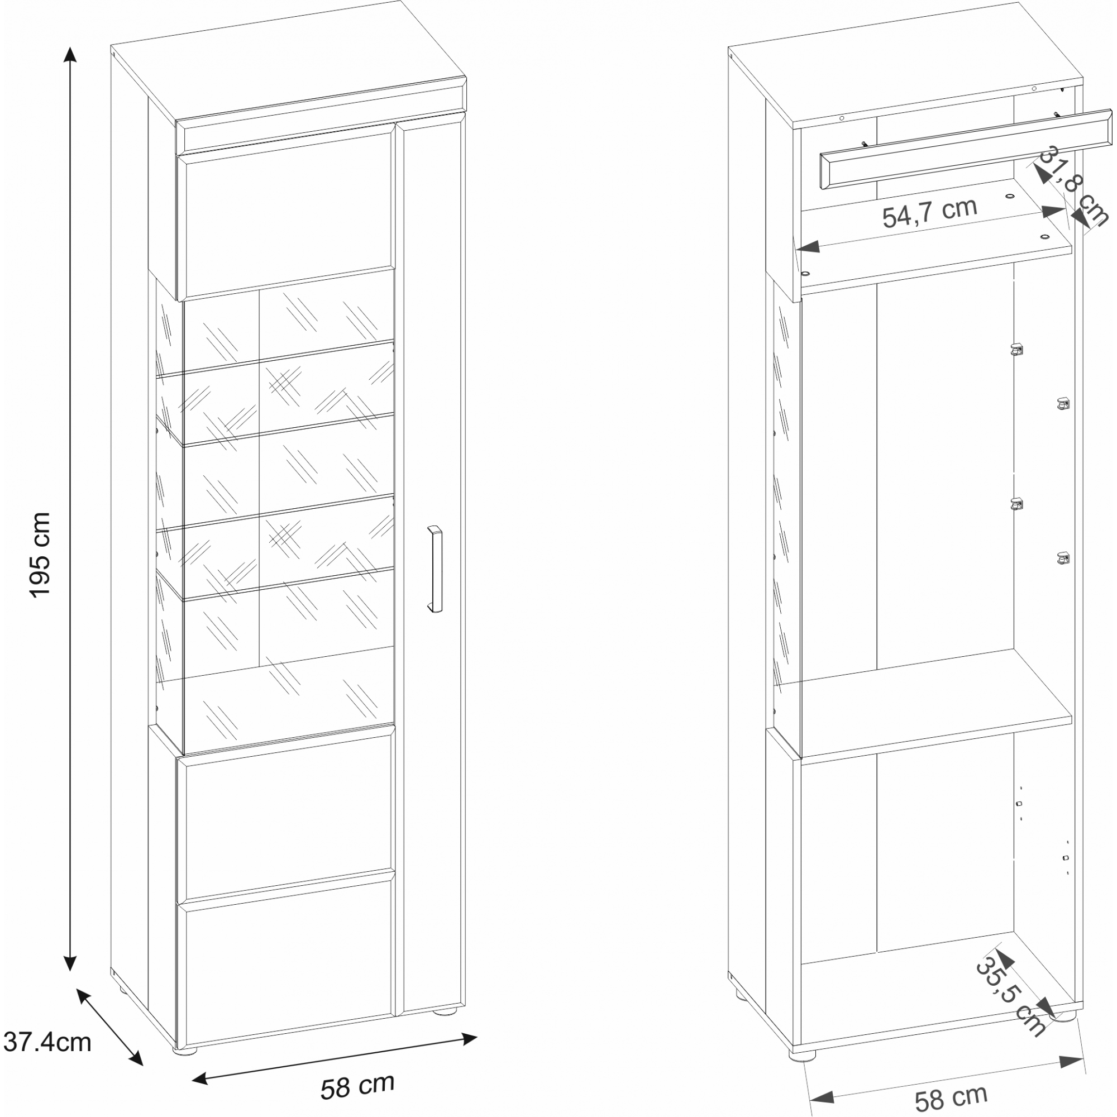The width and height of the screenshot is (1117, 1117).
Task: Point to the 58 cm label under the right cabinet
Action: click(x=951, y=1098)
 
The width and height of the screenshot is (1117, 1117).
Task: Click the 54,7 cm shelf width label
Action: click(x=930, y=212)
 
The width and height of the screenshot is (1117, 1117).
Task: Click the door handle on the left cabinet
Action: click(x=434, y=569)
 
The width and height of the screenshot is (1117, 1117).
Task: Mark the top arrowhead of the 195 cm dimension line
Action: click(x=70, y=54)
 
